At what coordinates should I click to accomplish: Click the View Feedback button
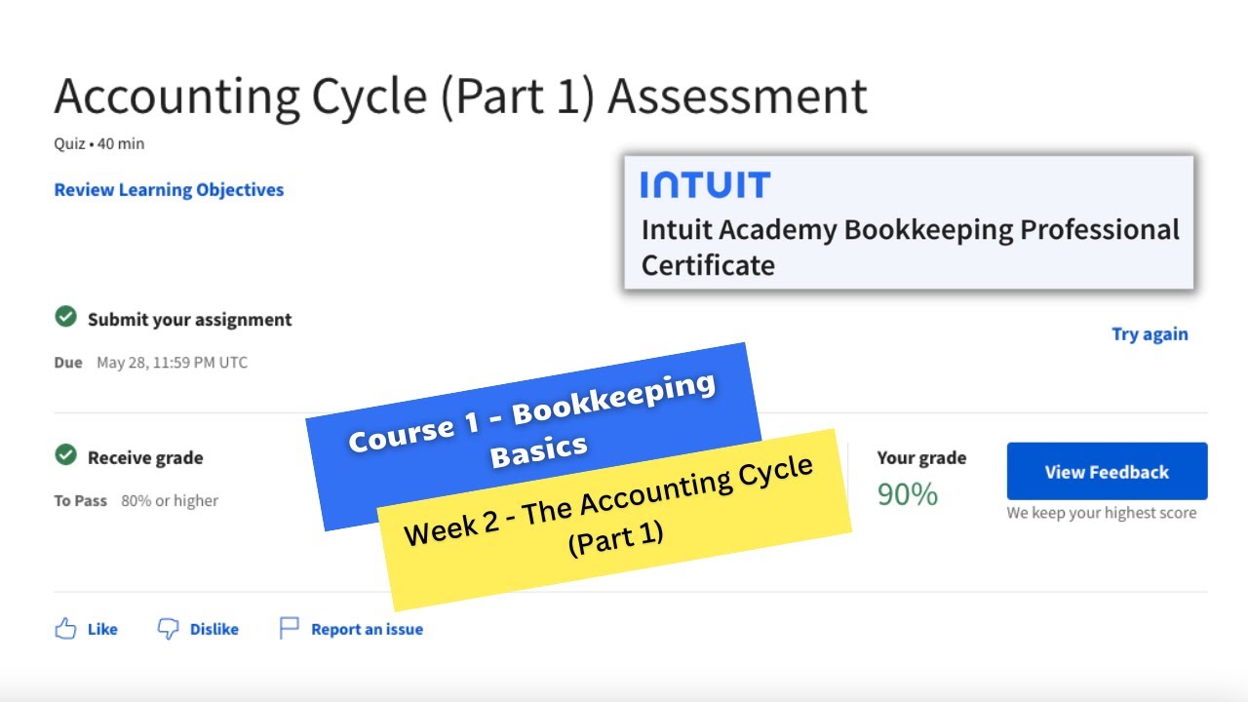point(1107,472)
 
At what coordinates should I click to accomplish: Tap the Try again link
point(1150,334)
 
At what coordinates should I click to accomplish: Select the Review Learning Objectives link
point(169,190)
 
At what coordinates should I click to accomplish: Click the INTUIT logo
point(705,185)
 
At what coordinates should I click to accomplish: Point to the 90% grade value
point(907,495)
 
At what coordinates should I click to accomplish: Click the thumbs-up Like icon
point(65,629)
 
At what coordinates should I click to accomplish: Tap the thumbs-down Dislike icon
point(169,629)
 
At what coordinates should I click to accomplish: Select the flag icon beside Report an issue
point(290,629)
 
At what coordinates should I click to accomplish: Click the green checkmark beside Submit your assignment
point(65,317)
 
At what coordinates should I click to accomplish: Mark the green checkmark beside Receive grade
point(65,455)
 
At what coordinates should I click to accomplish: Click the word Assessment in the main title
point(737,97)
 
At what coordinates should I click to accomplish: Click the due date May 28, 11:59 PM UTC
point(172,363)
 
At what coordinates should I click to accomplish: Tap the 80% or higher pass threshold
point(170,501)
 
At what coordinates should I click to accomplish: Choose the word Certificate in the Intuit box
point(708,265)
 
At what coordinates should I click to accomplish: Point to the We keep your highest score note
point(1101,513)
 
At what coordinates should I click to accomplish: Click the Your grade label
point(921,457)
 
